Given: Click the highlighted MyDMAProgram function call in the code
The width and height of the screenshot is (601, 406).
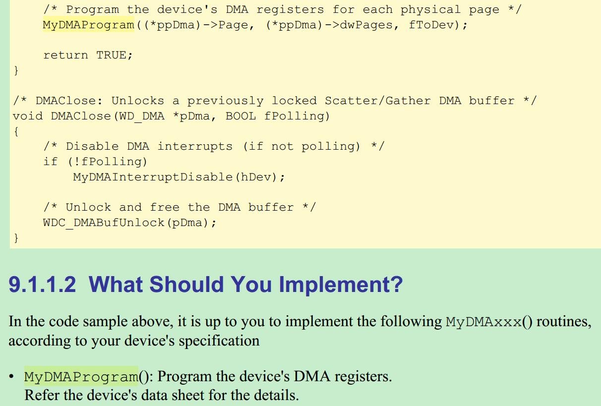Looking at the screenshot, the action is coord(89,25).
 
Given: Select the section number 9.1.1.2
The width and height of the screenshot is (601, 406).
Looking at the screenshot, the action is coord(42,284).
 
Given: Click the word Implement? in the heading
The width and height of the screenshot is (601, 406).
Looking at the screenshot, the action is coord(341,285).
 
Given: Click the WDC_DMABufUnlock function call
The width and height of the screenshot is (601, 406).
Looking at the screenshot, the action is coord(104,223).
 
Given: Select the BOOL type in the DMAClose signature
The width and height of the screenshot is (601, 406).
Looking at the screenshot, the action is coord(240,116).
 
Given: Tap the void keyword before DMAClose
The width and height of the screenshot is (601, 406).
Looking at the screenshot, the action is coord(28,116).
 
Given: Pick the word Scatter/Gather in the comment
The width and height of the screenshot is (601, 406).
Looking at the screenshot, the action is coord(377,101).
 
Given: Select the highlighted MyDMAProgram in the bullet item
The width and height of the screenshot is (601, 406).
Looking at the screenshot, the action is coord(81,376).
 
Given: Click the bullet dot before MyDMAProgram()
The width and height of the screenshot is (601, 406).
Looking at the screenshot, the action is coord(11,376).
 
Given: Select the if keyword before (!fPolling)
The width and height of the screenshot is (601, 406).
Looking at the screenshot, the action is coord(51,162).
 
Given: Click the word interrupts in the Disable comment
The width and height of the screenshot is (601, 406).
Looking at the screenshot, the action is coord(195,146).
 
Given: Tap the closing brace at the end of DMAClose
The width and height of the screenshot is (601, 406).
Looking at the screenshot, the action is coord(16,237).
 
